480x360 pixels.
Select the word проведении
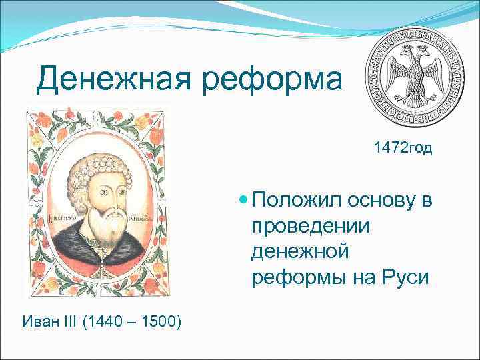[x=311, y=227]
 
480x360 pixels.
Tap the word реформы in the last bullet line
[x=295, y=277]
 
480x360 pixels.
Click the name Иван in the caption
[x=39, y=323]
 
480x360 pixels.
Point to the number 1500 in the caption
[x=159, y=323]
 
